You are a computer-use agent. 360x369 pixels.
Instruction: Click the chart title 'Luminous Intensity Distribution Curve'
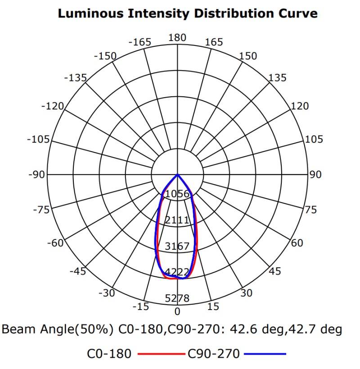[x=188, y=13]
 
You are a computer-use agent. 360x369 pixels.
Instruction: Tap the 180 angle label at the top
[x=177, y=38]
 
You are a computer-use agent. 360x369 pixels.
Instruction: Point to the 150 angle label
[x=248, y=56]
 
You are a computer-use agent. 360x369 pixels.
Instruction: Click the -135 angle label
[x=75, y=78]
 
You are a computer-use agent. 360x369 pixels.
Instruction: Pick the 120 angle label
[x=300, y=106]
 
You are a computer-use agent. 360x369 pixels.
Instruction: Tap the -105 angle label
[x=38, y=139]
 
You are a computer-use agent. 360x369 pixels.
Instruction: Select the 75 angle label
[x=310, y=210]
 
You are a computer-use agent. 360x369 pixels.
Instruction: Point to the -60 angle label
[x=56, y=243]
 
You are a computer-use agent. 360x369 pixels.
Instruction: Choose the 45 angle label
[x=275, y=271]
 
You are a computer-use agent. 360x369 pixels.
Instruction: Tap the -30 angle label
[x=107, y=293]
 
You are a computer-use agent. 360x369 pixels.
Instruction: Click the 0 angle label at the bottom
[x=177, y=311]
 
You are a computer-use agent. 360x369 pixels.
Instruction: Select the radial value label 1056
[x=177, y=194]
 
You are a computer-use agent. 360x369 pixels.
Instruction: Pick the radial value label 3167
[x=177, y=247]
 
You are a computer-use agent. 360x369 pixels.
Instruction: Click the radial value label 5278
[x=177, y=298]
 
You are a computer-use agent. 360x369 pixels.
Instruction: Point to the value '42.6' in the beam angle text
[x=241, y=330]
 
